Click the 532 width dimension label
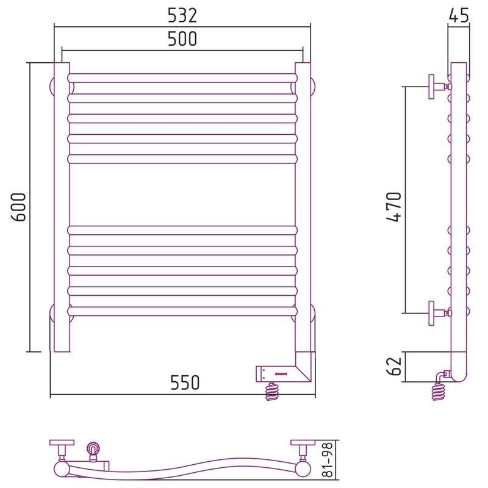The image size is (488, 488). [x=182, y=16]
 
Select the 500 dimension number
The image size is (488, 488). [x=182, y=39]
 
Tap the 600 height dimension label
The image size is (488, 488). [x=19, y=207]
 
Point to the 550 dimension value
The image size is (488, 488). [x=185, y=382]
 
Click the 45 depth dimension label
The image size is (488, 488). [x=459, y=15]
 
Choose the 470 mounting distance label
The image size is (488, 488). [x=394, y=207]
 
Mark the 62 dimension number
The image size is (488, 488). [x=394, y=366]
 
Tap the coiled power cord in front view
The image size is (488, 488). [x=271, y=391]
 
